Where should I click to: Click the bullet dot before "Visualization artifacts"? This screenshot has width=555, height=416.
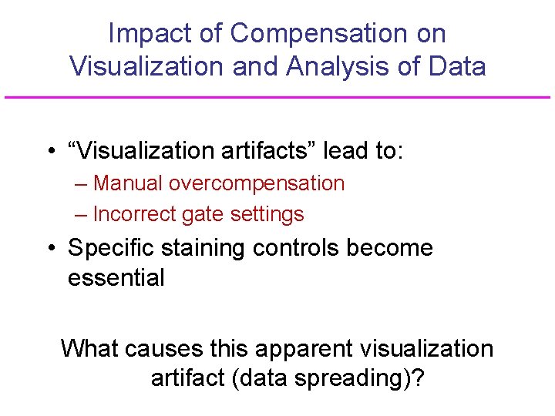click(x=49, y=152)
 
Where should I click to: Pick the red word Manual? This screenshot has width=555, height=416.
click(x=127, y=183)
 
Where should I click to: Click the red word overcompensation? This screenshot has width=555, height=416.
click(x=257, y=183)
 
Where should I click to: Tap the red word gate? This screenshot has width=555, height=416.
click(x=199, y=215)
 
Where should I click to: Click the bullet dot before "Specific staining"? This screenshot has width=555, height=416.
click(x=49, y=249)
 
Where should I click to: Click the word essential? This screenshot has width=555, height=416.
click(x=116, y=277)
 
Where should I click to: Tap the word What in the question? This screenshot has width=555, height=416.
click(x=89, y=348)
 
